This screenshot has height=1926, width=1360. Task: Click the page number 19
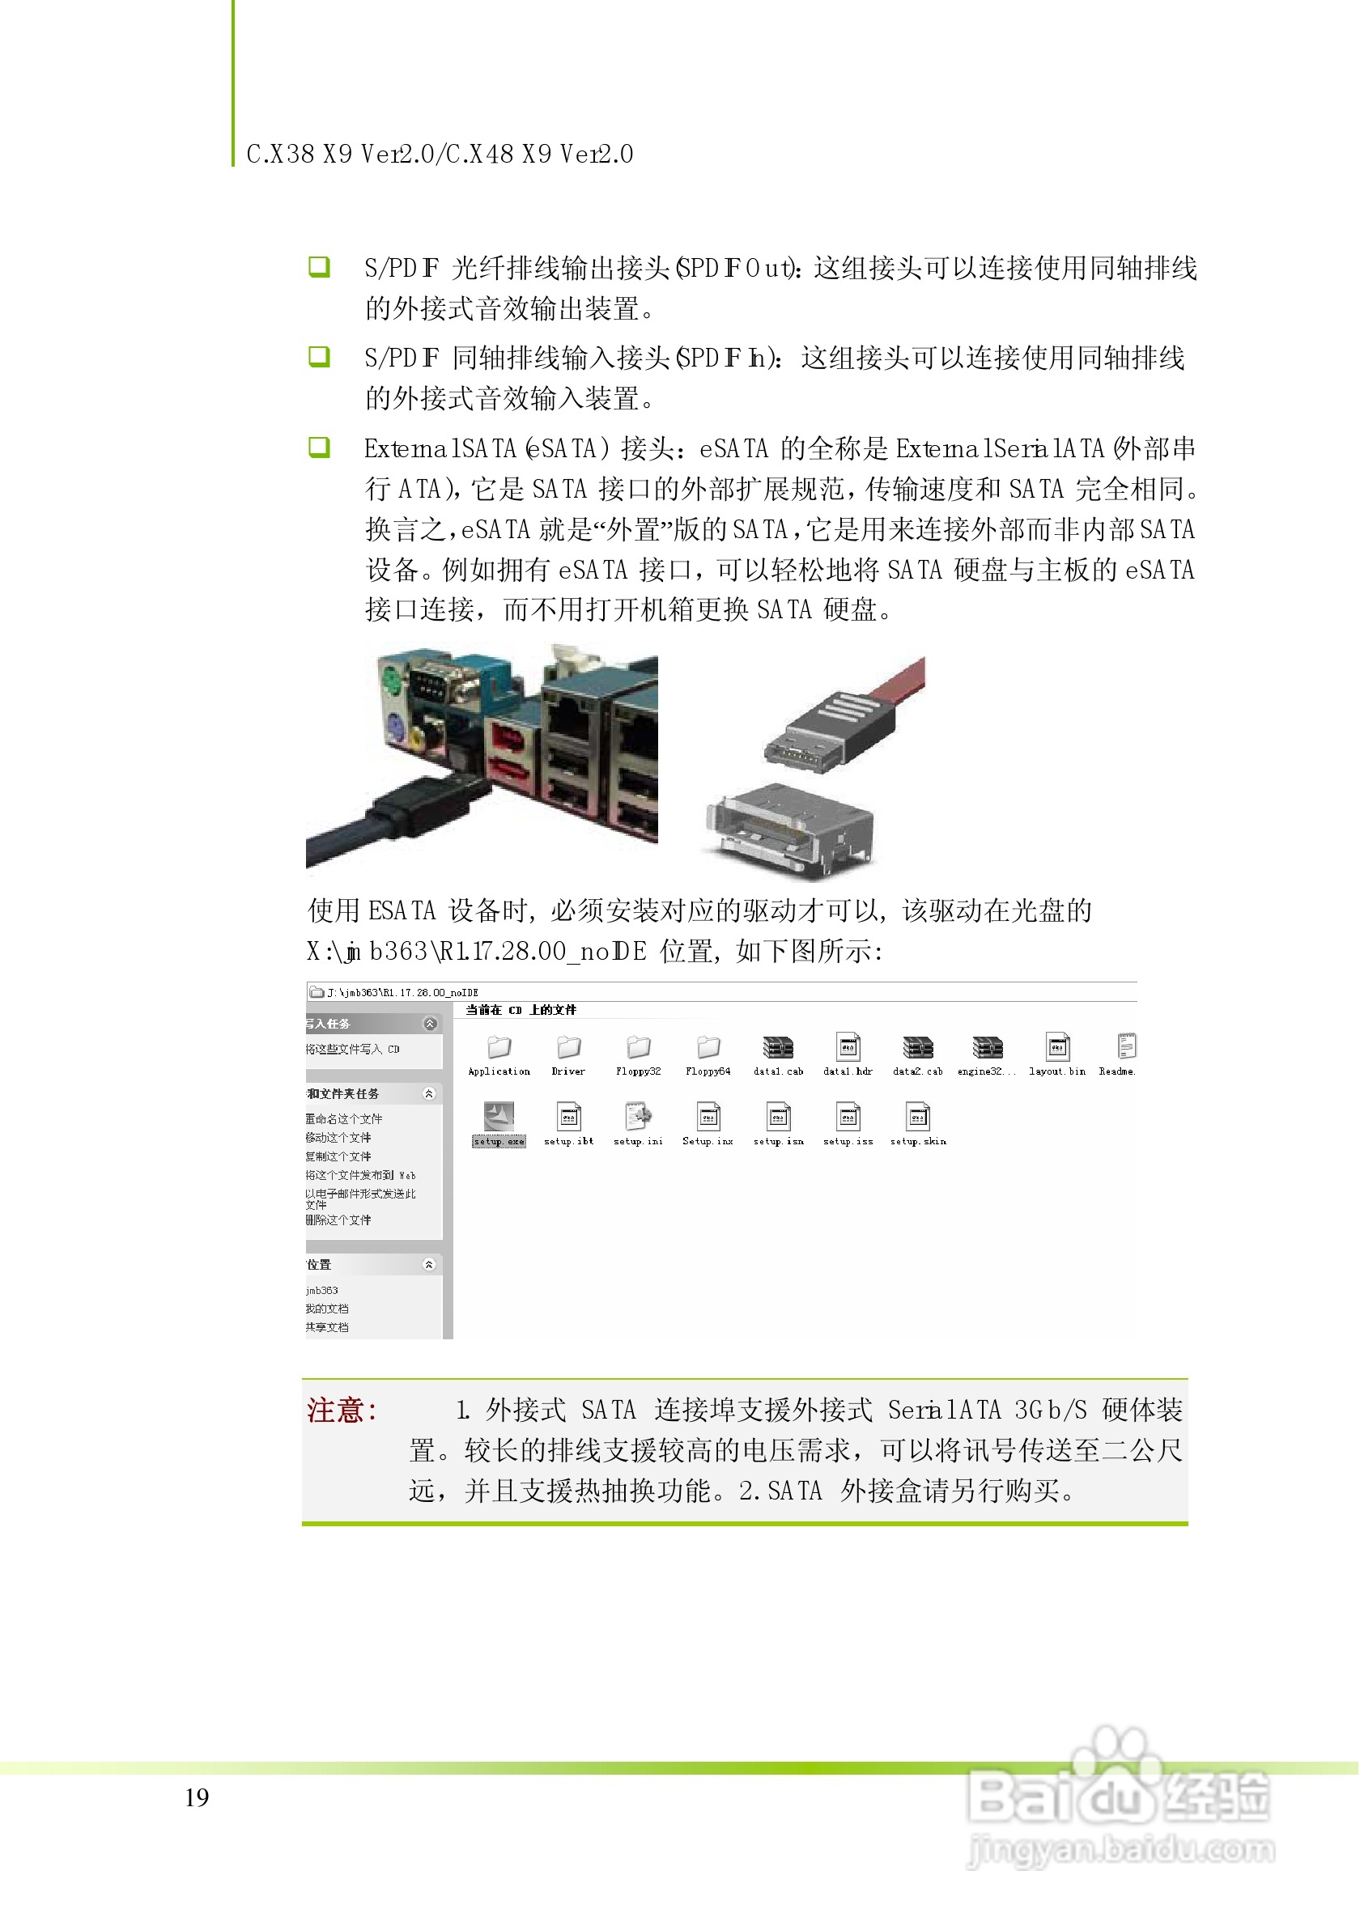(x=197, y=1797)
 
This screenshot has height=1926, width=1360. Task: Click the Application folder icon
(x=499, y=1047)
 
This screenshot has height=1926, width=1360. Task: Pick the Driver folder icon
(x=569, y=1047)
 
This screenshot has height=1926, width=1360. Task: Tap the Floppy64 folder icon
(x=708, y=1047)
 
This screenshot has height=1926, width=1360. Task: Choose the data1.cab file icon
(x=778, y=1047)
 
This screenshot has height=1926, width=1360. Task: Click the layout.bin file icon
(x=1057, y=1047)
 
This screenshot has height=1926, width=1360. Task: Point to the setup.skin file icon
(x=918, y=1117)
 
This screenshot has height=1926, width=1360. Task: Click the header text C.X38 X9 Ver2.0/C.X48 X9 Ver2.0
(x=440, y=155)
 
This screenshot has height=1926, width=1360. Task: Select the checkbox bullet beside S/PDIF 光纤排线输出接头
(x=319, y=268)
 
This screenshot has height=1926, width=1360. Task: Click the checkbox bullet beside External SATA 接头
(x=319, y=447)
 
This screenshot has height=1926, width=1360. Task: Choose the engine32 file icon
(x=988, y=1047)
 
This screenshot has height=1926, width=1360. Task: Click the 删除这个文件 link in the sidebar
(x=338, y=1220)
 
